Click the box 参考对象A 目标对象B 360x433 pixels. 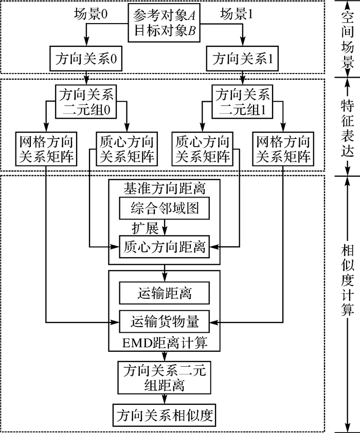tap(164, 23)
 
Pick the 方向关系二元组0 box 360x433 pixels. tap(86, 102)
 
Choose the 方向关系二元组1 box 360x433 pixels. tap(242, 102)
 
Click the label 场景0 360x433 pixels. tap(90, 15)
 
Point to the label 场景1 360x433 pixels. tap(238, 15)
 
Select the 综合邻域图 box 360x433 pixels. tap(165, 208)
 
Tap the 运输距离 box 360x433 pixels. tap(165, 294)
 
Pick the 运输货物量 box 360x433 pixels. tap(165, 322)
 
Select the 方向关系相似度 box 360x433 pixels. tap(165, 414)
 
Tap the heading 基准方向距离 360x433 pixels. tap(165, 188)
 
